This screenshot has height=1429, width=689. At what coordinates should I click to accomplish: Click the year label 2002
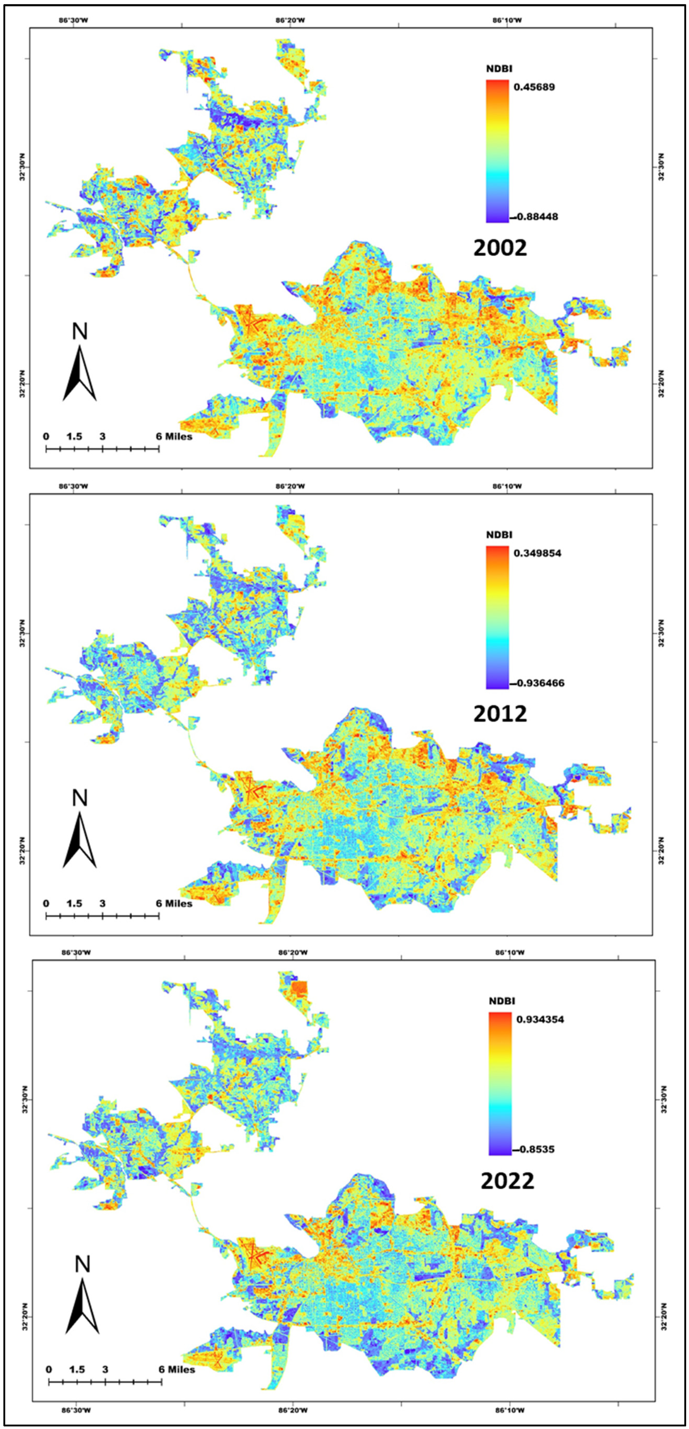click(500, 248)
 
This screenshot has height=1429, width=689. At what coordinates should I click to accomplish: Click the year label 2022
click(507, 1181)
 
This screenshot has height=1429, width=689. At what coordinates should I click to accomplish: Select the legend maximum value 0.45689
click(534, 87)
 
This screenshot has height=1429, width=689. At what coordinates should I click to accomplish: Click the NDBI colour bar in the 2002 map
click(497, 151)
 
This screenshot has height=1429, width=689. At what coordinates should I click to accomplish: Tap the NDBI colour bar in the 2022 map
click(500, 1083)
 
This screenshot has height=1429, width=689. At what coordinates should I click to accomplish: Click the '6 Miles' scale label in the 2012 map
click(174, 903)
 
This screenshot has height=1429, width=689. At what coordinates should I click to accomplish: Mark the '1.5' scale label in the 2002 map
click(74, 437)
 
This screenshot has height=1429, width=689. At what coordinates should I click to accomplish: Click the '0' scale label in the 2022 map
click(49, 1370)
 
